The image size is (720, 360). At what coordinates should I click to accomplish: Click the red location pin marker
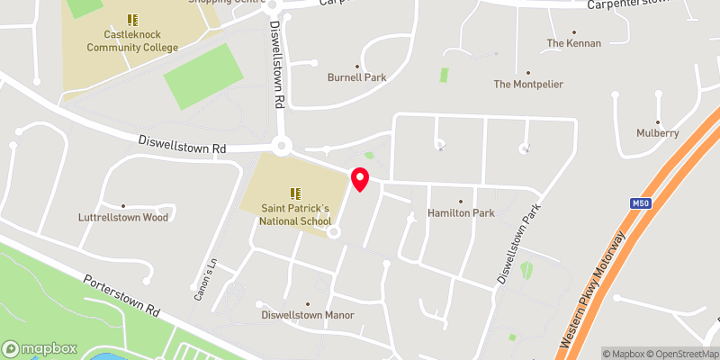(x=360, y=179)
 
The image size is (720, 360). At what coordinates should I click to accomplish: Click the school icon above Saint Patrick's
(x=295, y=193)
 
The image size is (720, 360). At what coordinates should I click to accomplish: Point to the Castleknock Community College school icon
(x=132, y=19)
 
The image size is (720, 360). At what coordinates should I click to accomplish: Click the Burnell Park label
(x=357, y=77)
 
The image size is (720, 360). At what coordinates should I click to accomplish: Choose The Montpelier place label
(x=528, y=85)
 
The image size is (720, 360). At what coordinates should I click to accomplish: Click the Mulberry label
(x=658, y=133)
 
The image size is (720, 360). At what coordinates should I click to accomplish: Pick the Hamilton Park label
(x=461, y=213)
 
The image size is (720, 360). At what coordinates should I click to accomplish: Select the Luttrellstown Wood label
(x=123, y=217)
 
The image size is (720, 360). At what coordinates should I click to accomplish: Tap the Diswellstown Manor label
(x=308, y=315)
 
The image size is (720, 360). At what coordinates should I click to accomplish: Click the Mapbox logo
(x=40, y=348)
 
